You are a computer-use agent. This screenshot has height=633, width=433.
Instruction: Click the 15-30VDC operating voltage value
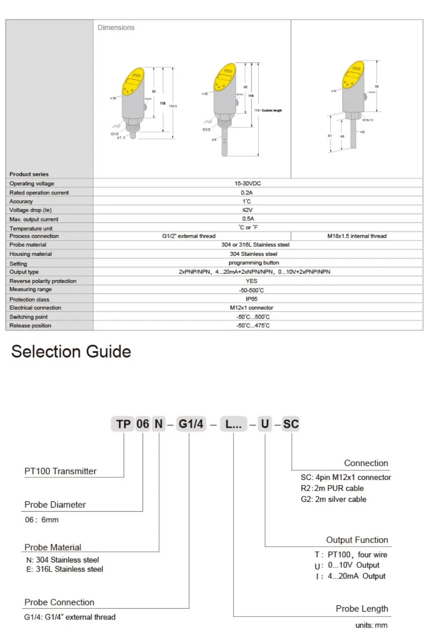[x=247, y=183]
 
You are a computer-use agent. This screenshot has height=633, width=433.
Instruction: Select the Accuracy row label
[x=21, y=201]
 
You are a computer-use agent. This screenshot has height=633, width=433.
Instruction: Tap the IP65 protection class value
[x=252, y=299]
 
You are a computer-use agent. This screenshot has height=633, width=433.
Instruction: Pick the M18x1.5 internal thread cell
[x=357, y=236]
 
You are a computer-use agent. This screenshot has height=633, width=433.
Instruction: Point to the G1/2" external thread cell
[x=188, y=236]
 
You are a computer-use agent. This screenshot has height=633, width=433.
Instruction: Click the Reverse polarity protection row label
[x=43, y=281]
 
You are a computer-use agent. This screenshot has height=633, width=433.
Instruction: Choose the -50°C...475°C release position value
[x=253, y=326]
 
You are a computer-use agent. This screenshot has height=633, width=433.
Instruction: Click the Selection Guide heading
[x=71, y=352]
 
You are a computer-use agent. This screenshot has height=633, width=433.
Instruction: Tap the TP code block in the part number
[x=123, y=424]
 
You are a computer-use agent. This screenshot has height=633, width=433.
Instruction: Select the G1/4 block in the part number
[x=191, y=424]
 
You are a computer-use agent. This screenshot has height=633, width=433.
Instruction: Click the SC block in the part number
[x=291, y=424]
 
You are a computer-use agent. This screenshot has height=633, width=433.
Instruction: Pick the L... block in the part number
[x=233, y=424]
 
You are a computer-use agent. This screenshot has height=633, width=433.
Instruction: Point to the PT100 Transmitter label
[x=60, y=471]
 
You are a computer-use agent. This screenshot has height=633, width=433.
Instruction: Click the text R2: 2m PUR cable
[x=332, y=488]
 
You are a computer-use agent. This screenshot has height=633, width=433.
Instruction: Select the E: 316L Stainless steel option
[x=65, y=569]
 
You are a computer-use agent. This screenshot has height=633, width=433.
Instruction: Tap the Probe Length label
[x=362, y=609]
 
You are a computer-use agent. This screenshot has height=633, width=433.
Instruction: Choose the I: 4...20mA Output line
[x=351, y=576]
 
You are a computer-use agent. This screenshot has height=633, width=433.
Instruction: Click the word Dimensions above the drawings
[x=116, y=28]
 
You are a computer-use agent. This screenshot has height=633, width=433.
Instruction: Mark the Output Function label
[x=357, y=540]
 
